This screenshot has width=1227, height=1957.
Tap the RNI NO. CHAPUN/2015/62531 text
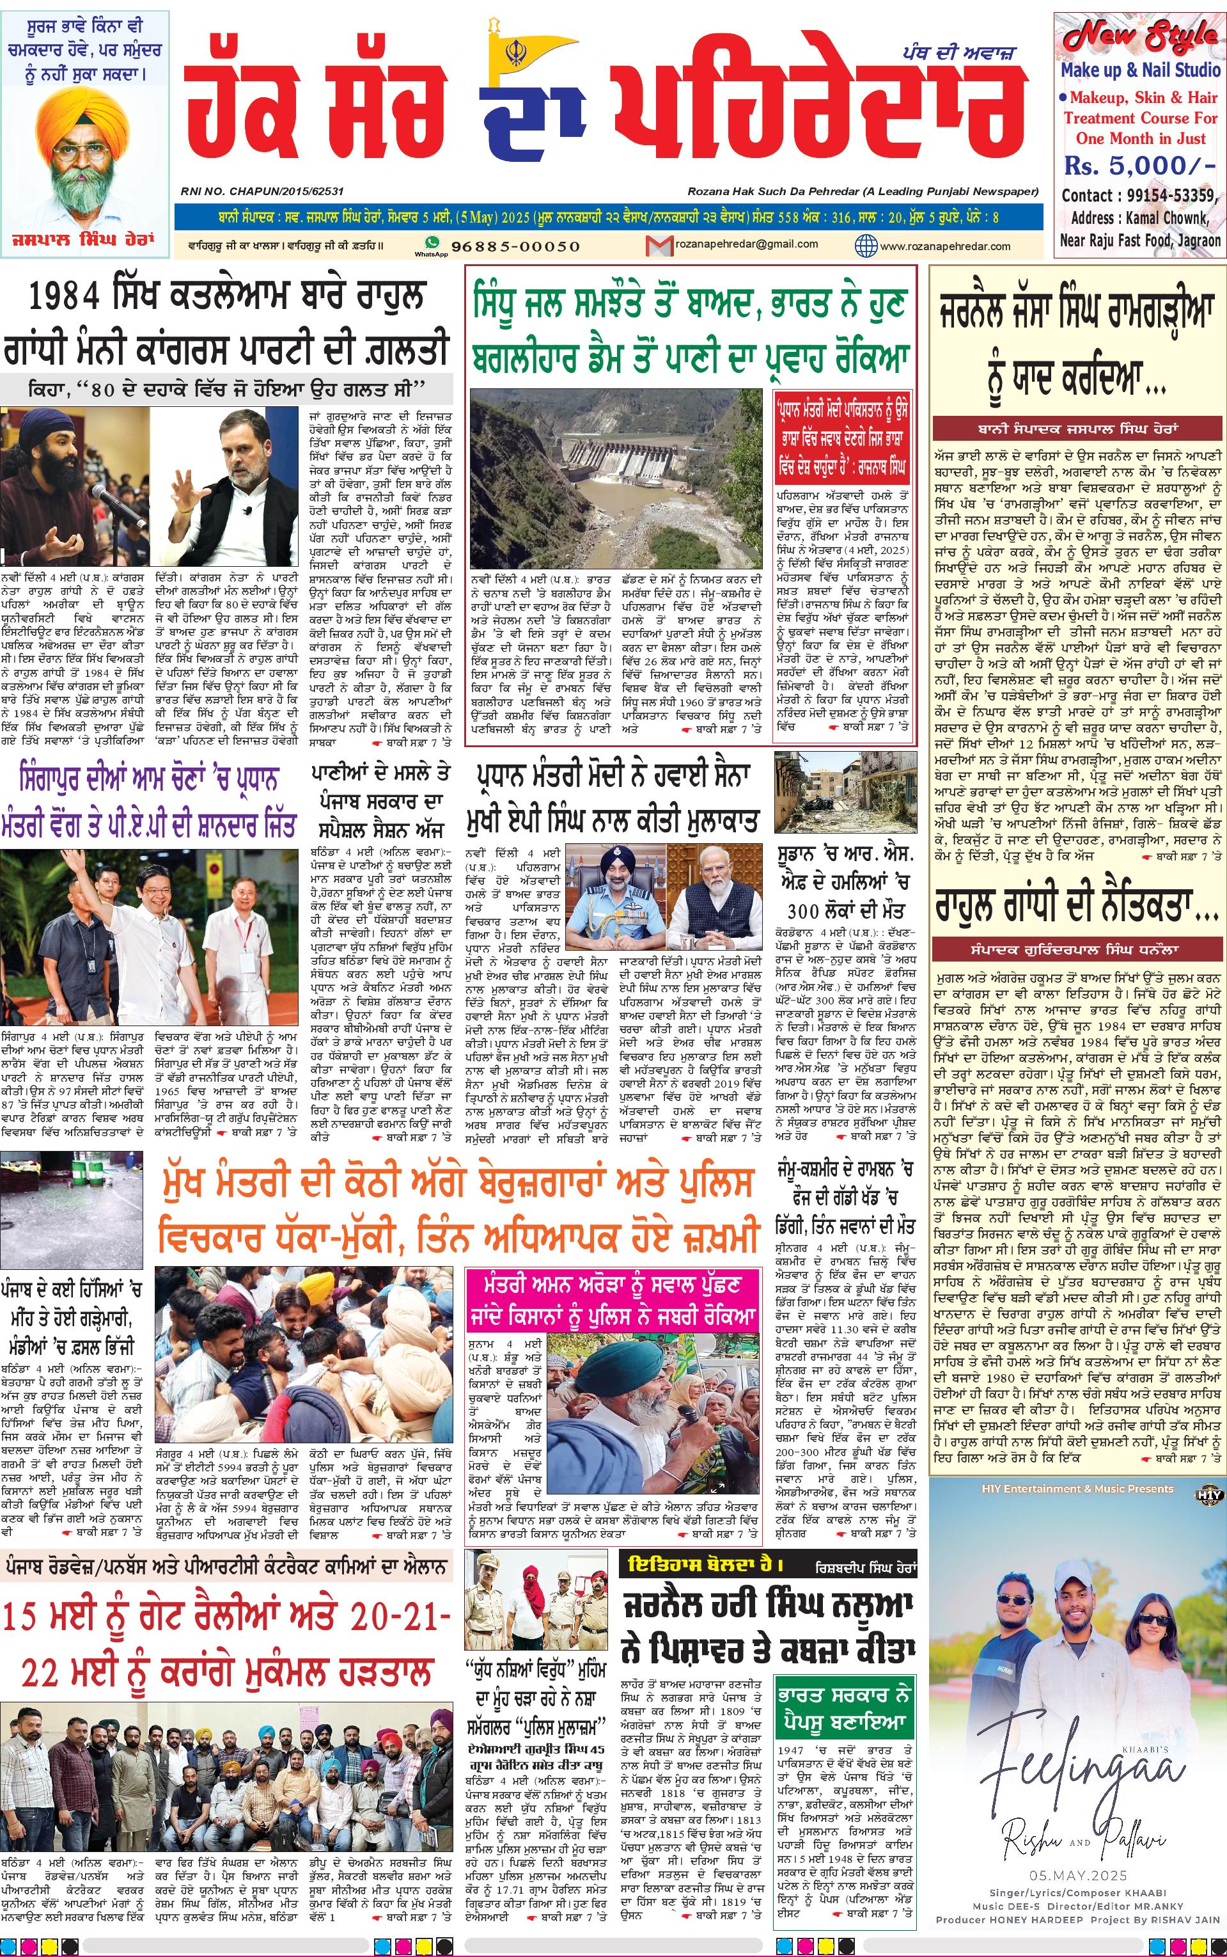pyautogui.click(x=262, y=191)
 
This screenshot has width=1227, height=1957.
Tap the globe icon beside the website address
pyautogui.click(x=866, y=245)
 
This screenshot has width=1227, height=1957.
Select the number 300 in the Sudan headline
pyautogui.click(x=802, y=912)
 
